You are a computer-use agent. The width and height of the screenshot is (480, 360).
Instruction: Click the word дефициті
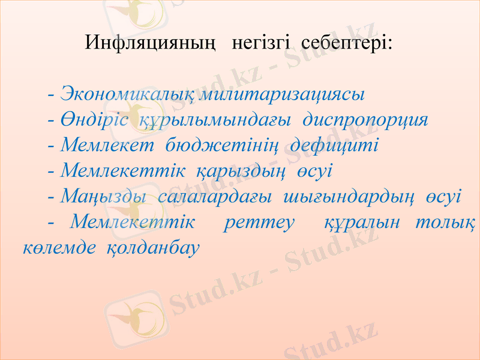(x=334, y=146)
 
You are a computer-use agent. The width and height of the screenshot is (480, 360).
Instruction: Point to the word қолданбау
(x=152, y=247)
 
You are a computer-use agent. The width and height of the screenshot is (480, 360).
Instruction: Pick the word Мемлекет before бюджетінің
(x=107, y=146)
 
